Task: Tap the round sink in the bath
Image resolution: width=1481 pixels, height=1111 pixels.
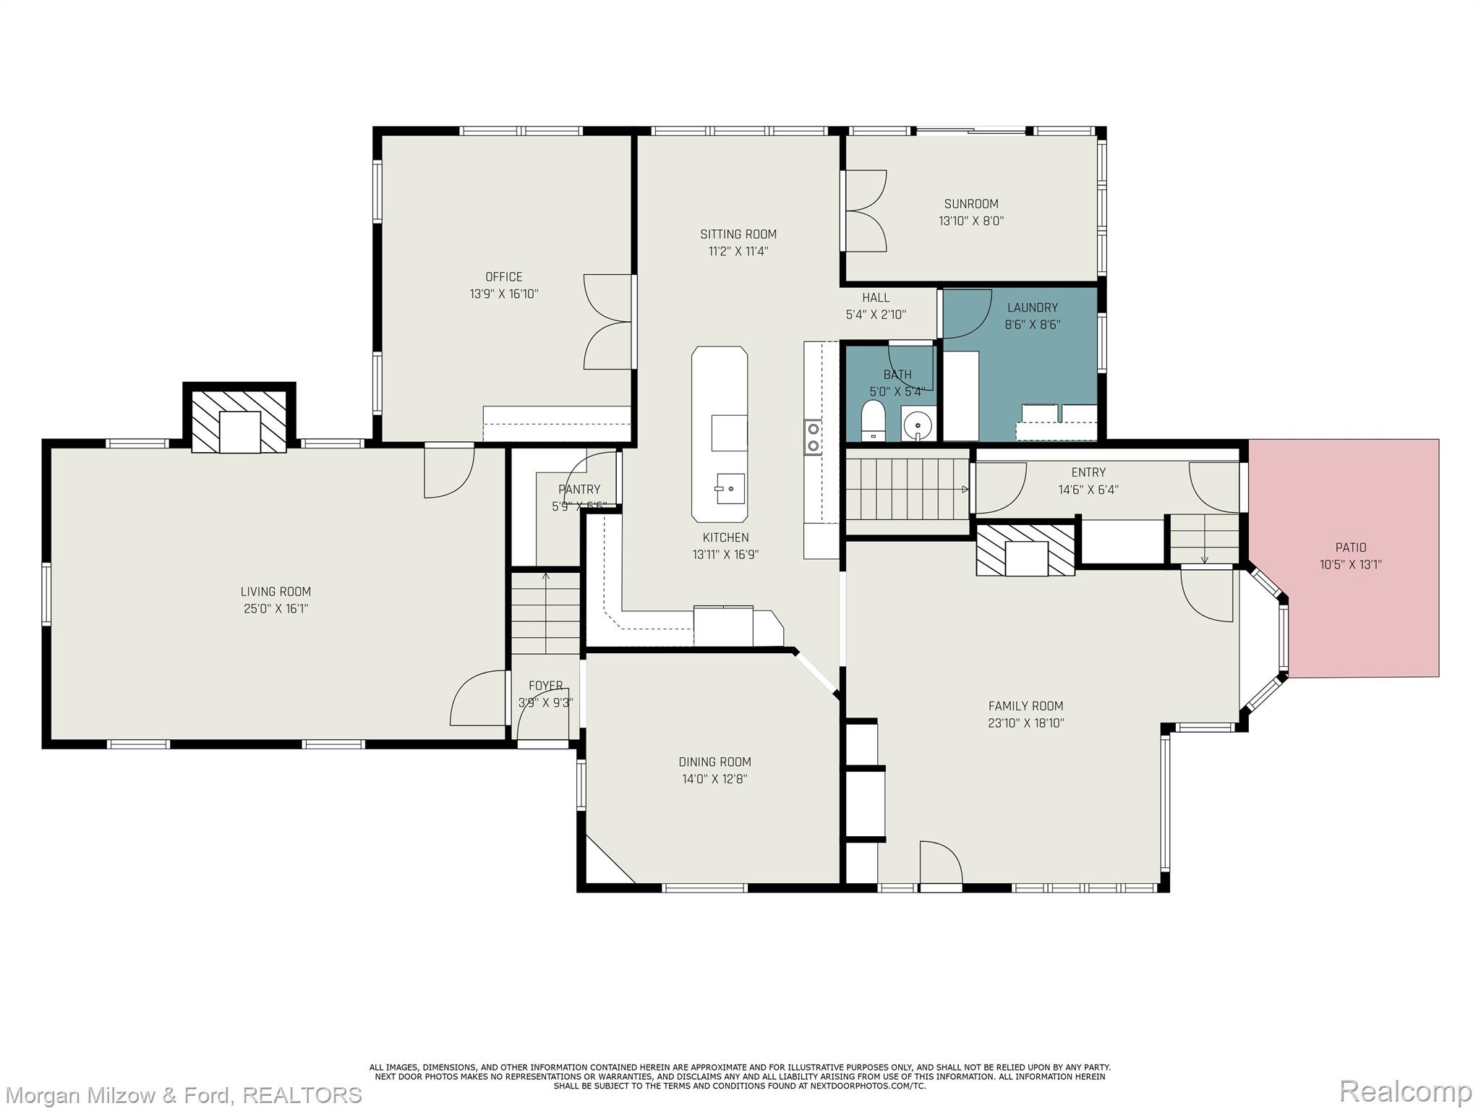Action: click(x=918, y=423)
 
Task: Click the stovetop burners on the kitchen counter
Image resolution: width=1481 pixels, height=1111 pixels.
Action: click(x=813, y=437)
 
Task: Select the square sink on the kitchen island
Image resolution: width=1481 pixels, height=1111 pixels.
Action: click(x=730, y=488)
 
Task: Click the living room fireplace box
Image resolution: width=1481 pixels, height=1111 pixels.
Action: click(x=239, y=422)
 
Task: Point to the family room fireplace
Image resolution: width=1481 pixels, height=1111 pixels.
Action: click(x=1025, y=550)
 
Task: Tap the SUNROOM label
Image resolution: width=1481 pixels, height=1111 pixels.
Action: click(x=971, y=204)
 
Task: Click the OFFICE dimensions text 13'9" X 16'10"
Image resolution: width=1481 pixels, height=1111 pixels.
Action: click(x=504, y=294)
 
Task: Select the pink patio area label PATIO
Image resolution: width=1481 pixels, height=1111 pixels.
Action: click(x=1351, y=548)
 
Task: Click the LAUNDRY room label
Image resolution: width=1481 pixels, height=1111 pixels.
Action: click(x=1032, y=307)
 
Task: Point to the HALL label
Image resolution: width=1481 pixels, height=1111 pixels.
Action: click(x=876, y=297)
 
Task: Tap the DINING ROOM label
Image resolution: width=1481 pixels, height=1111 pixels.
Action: click(x=714, y=762)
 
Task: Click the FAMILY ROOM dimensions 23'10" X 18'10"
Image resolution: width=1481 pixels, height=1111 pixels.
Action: click(x=1025, y=723)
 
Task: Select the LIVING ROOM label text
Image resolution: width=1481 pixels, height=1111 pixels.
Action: click(x=276, y=592)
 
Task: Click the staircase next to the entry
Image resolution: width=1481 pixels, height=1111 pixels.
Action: click(x=908, y=490)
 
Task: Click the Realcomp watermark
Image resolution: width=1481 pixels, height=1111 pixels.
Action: click(x=1404, y=1090)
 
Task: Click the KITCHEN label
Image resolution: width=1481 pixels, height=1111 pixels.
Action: click(x=725, y=537)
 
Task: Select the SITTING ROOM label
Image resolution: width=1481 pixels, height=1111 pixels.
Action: click(x=738, y=234)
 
